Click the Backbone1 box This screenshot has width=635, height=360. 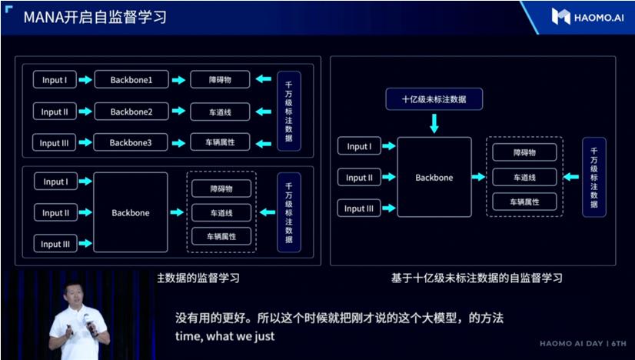(x=131, y=79)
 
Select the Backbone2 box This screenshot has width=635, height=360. (x=131, y=112)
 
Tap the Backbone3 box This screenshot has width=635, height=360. (x=131, y=142)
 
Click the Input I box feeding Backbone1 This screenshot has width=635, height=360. (x=55, y=79)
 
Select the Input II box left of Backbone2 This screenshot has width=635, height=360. (x=55, y=112)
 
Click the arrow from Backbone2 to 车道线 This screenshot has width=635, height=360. (x=178, y=112)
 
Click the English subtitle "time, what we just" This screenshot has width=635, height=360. (x=215, y=336)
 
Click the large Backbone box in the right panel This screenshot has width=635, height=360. (x=434, y=177)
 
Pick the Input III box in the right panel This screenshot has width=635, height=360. (x=359, y=208)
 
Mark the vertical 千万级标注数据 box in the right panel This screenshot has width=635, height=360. (x=594, y=177)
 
